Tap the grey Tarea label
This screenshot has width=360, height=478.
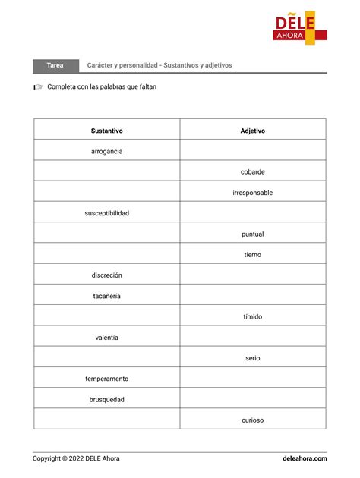(55, 65)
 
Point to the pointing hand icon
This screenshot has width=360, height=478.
(38, 87)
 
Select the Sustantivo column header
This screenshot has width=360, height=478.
(106, 131)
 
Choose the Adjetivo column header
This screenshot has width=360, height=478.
(252, 131)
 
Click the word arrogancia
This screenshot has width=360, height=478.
(106, 151)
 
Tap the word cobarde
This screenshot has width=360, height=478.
(252, 172)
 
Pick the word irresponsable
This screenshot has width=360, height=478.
(252, 193)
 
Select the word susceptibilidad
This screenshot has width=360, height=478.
(106, 213)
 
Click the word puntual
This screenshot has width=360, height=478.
(252, 234)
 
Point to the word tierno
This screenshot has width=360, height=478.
(252, 255)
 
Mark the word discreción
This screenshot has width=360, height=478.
(106, 275)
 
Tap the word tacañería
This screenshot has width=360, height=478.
(106, 296)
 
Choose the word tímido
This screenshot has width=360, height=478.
(252, 316)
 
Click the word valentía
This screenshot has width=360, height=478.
(106, 337)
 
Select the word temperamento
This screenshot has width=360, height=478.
(106, 379)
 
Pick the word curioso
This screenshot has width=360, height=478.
(252, 420)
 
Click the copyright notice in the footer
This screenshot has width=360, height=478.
(76, 458)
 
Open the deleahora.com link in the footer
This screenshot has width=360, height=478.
(305, 458)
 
